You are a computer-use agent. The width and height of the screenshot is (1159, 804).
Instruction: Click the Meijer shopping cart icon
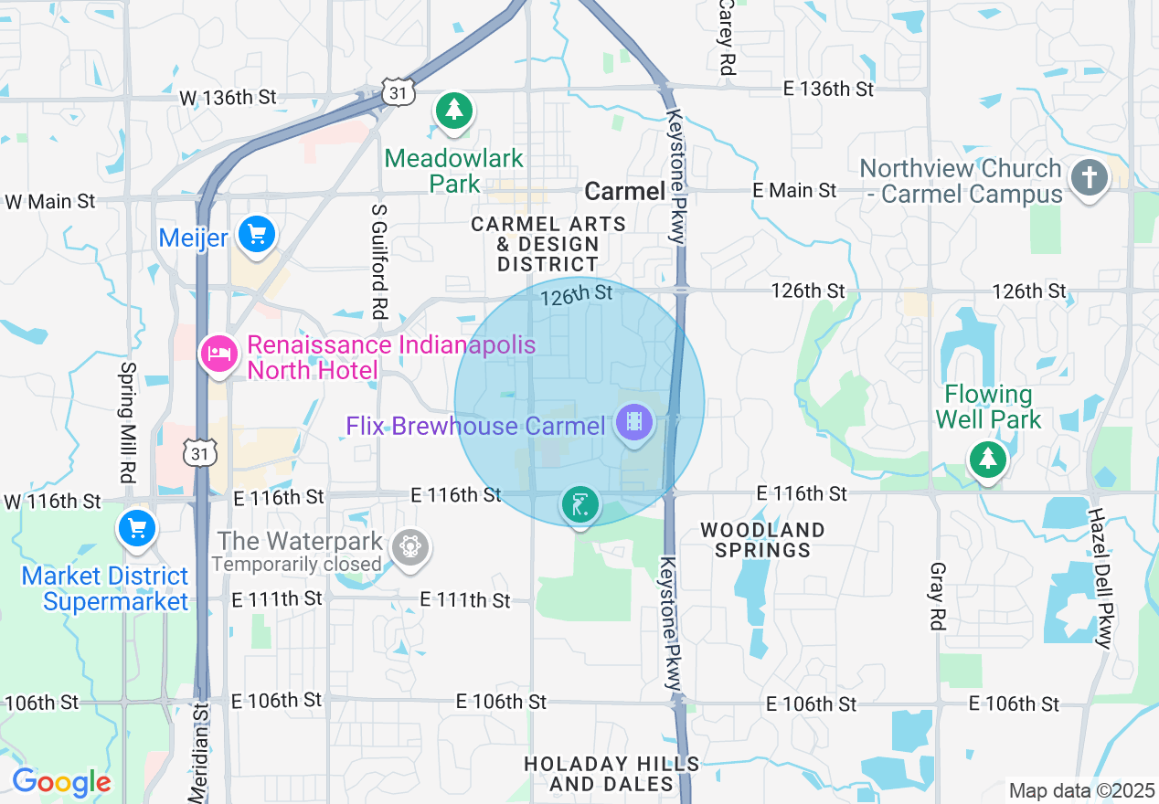pyautogui.click(x=257, y=235)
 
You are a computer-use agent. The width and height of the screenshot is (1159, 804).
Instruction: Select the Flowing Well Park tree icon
pyautogui.click(x=987, y=458)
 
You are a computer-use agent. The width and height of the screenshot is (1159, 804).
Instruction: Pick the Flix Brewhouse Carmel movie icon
pyautogui.click(x=633, y=423)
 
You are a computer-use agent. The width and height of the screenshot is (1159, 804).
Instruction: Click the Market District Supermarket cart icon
pyautogui.click(x=137, y=529)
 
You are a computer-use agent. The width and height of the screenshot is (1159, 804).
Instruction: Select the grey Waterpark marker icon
pyautogui.click(x=409, y=548)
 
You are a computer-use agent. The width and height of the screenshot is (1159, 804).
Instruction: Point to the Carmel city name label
pyautogui.click(x=624, y=191)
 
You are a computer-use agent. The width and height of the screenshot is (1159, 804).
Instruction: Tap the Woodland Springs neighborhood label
pyautogui.click(x=762, y=540)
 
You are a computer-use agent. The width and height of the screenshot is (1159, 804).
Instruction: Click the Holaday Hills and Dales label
pyautogui.click(x=612, y=773)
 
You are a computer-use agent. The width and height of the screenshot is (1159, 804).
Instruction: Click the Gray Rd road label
pyautogui.click(x=937, y=596)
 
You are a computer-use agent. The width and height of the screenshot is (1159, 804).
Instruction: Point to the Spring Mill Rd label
pyautogui.click(x=127, y=422)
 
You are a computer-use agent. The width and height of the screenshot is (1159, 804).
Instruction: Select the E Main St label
pyautogui.click(x=794, y=190)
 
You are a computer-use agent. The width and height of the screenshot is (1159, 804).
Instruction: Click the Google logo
pyautogui.click(x=61, y=782)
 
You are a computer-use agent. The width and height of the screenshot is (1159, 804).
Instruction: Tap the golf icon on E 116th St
pyautogui.click(x=580, y=504)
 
